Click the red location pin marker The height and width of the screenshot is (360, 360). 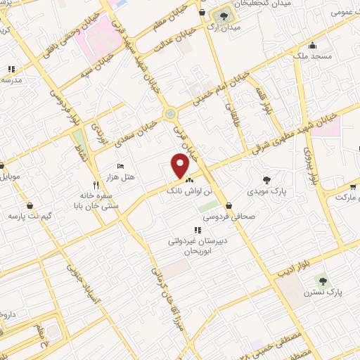[x=181, y=165]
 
